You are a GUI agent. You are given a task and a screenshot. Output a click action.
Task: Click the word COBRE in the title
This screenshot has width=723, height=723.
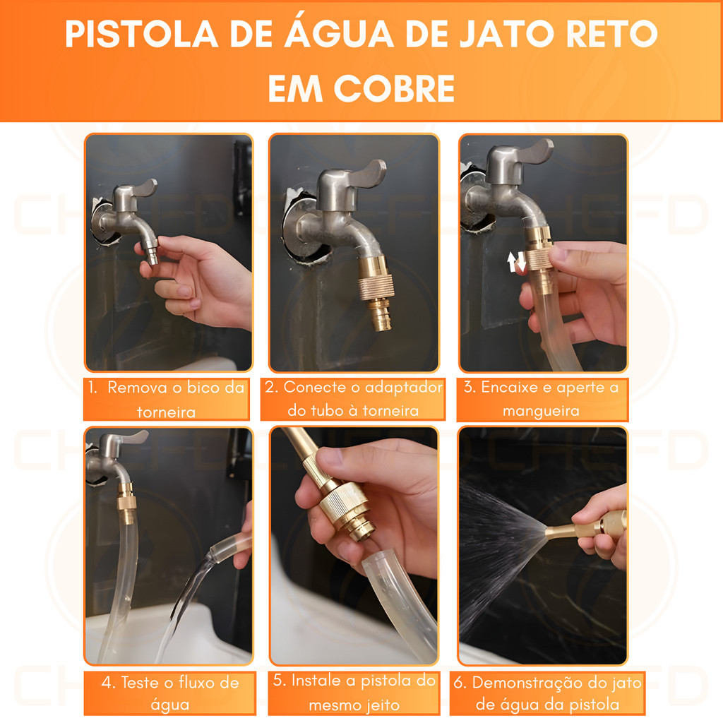pos(394,88)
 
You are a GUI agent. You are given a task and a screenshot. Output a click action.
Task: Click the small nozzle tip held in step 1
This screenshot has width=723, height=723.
pos(153,253)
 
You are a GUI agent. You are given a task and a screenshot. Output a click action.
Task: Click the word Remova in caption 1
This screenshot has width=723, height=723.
pos(137,388)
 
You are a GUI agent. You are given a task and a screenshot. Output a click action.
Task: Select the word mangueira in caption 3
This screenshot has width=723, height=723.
pos(541,411)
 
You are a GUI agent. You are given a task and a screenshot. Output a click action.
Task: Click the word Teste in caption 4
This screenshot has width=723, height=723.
pos(143,682)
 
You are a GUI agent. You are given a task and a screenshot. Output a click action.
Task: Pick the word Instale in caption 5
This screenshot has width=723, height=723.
pos(316,681)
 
